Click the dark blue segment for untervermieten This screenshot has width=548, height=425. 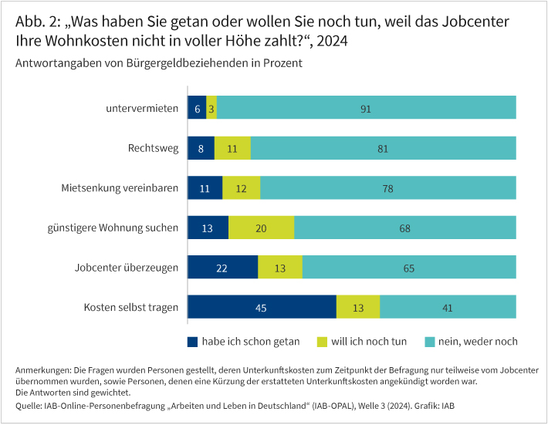pos(197,108)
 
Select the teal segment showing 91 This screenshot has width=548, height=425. pos(366,108)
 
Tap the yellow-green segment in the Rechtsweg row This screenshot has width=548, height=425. pos(232,148)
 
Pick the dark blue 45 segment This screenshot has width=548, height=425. pos(262,307)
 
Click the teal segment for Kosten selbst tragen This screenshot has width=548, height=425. pos(448,307)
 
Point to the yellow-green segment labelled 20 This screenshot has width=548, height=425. pos(261,228)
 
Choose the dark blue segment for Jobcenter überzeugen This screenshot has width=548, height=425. pos(222,268)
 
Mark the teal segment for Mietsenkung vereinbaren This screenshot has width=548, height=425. pos(388,188)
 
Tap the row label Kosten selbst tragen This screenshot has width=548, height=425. pos(131,307)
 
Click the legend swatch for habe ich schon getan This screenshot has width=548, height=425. pos(192,341)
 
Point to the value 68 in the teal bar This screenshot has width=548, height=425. pos(404,228)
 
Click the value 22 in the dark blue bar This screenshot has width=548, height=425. pos(222,268)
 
